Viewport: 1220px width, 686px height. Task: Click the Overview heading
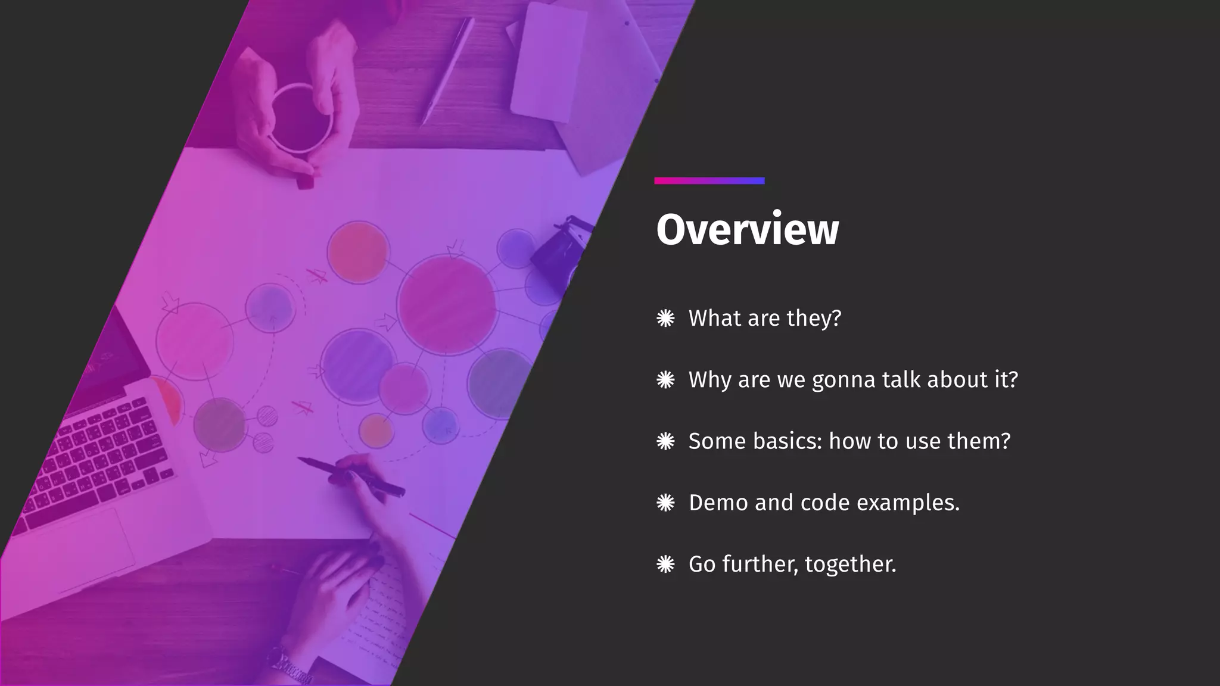(x=747, y=229)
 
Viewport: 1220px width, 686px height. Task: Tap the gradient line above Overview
(x=709, y=181)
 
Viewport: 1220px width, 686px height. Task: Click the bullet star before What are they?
(x=665, y=319)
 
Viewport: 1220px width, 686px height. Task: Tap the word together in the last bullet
(x=850, y=565)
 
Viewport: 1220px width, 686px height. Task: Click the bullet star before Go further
(x=665, y=565)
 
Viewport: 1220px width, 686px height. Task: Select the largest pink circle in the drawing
(x=446, y=304)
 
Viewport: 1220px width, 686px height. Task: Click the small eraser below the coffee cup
(x=304, y=182)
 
